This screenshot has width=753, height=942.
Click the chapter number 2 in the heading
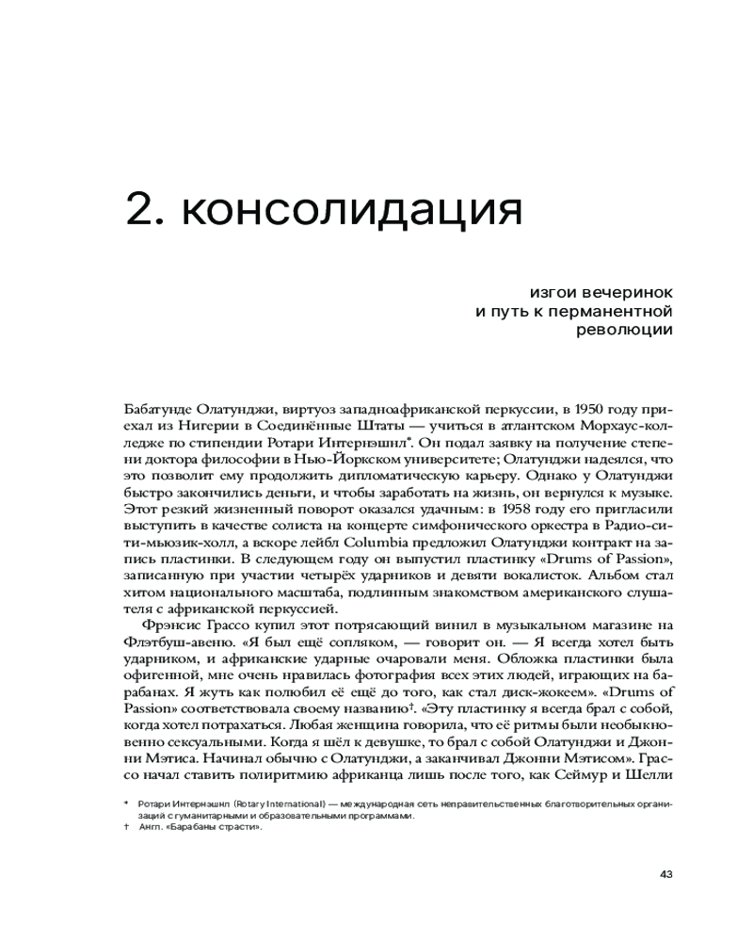(141, 209)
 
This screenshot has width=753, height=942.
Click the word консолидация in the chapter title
(350, 209)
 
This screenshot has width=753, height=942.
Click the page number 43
(666, 873)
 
